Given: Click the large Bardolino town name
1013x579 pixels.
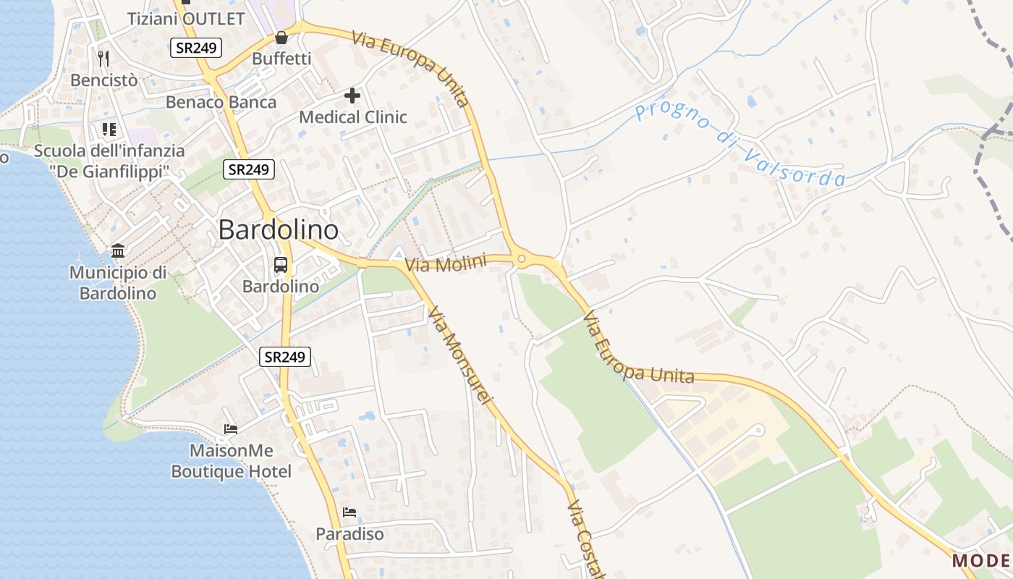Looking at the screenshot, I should tap(278, 230).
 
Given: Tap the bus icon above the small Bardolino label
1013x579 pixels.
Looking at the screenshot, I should tap(281, 265).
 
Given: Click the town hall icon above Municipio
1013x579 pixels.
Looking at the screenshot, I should tap(118, 251).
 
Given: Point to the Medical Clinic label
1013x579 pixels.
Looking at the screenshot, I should tap(353, 117).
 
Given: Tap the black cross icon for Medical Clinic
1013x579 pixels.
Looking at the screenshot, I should tap(352, 96).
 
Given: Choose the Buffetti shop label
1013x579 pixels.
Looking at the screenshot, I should tap(281, 59).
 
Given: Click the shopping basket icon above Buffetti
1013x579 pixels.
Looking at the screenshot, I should tap(281, 38).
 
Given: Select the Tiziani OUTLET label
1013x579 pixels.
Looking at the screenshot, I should tap(186, 19).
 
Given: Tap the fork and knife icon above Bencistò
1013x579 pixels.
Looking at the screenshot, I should tap(103, 58).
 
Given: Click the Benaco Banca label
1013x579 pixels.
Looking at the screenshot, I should tap(221, 102).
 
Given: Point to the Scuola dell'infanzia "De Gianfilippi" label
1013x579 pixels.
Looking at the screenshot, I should tap(109, 161).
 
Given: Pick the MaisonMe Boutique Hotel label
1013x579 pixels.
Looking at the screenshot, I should tap(232, 461).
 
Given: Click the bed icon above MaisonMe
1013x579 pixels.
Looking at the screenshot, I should tap(230, 429).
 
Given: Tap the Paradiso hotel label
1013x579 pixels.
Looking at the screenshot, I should tap(349, 534).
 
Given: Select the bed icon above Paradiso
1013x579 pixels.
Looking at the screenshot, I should tap(349, 512).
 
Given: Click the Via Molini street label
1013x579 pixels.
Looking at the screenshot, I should tap(445, 264).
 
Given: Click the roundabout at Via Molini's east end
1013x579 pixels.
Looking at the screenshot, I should tap(521, 259).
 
